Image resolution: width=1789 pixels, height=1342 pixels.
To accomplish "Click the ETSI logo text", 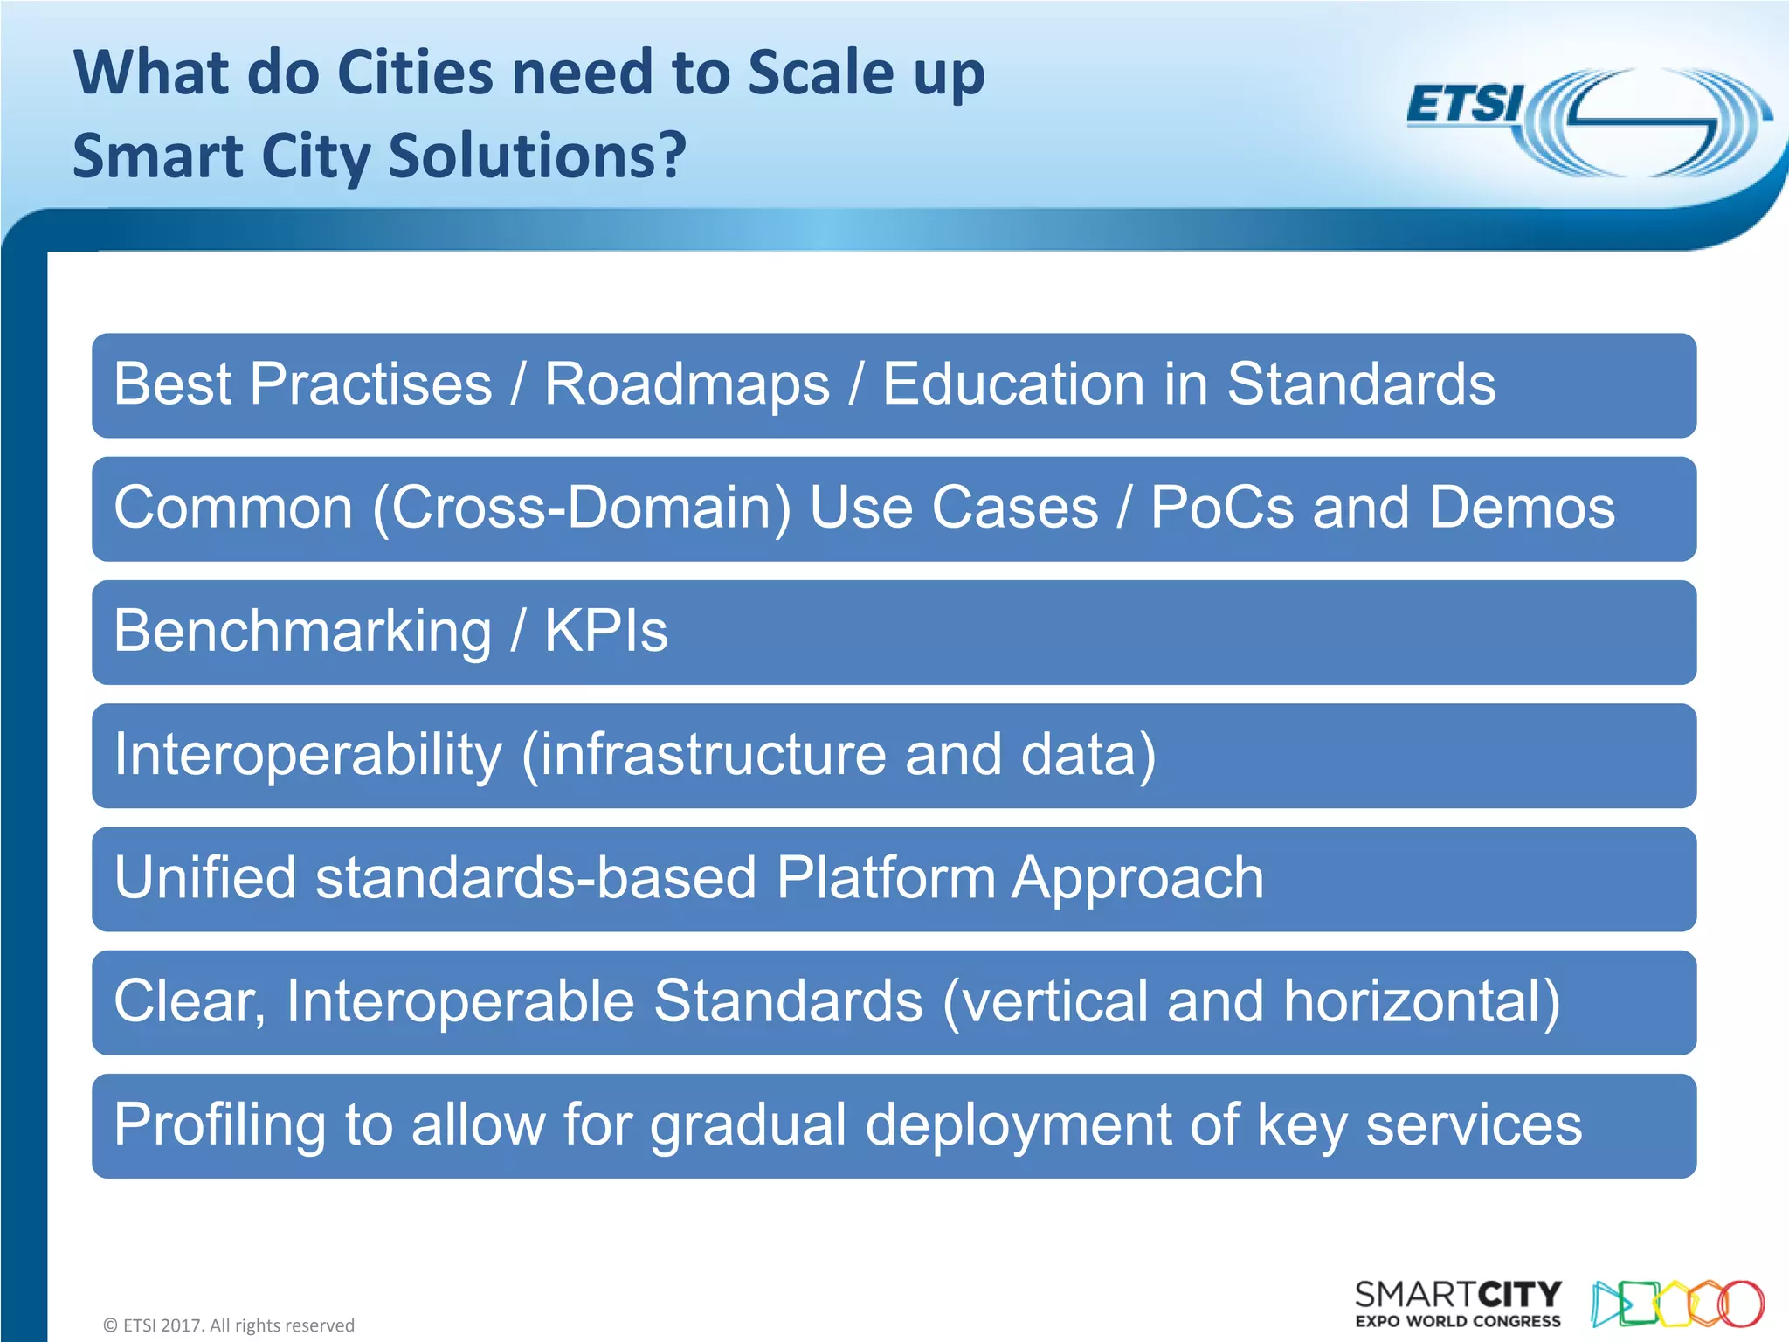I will pos(1465,105).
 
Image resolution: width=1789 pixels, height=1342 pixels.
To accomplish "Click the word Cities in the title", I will pos(415,73).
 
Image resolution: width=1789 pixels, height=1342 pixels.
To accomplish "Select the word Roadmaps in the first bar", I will pos(687,384).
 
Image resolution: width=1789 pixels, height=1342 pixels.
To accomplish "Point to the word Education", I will pos(1012,384).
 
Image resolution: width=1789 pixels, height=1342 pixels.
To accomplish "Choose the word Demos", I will pos(1523,508).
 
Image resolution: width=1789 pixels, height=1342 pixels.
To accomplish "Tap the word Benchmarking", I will pos(303,632).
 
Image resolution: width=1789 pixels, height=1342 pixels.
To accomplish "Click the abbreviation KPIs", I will pos(605,631).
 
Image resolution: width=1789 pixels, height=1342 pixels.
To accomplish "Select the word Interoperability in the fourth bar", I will pos(308,755).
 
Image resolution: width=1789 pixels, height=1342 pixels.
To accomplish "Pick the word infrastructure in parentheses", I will pos(712,755).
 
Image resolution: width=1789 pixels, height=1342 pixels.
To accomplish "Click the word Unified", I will pos(205,878).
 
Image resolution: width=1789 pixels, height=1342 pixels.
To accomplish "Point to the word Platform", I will pos(886,878).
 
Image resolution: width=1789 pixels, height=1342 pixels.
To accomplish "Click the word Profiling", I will pos(219,1125).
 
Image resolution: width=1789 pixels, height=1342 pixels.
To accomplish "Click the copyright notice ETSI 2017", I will pos(229,1325).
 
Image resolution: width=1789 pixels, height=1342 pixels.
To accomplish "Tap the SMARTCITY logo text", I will pos(1458,1294).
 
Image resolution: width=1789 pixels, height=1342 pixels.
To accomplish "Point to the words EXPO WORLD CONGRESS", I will pos(1458,1322).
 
